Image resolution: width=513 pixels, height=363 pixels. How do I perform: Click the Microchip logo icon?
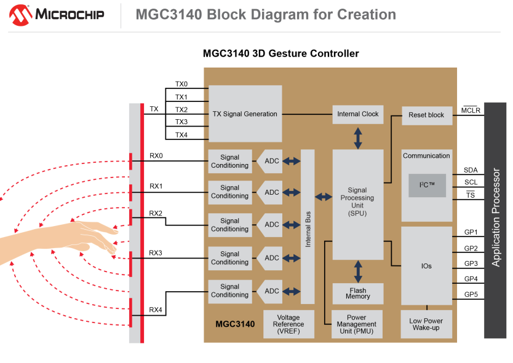(x=21, y=15)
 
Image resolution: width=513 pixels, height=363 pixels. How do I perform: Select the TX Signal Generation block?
(x=245, y=114)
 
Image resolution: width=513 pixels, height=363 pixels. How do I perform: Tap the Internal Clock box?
(x=358, y=114)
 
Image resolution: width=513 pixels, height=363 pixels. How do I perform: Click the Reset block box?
(x=427, y=115)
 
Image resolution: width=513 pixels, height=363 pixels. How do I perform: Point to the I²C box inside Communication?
(x=427, y=185)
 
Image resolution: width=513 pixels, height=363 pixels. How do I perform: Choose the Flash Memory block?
(x=358, y=294)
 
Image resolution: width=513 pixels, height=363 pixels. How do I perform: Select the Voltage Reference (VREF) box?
(x=288, y=324)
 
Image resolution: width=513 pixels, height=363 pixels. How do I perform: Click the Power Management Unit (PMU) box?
(x=357, y=324)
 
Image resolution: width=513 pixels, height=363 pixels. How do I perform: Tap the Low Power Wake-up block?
(x=426, y=324)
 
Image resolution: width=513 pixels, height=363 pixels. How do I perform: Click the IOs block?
(x=427, y=266)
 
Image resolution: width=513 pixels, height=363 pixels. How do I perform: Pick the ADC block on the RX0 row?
(x=269, y=161)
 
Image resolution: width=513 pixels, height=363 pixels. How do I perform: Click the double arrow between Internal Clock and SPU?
(x=358, y=138)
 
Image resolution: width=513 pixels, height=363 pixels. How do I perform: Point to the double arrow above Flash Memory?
(x=358, y=271)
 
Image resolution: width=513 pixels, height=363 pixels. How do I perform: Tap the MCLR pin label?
(x=471, y=111)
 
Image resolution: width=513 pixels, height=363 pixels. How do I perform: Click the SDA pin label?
(x=471, y=170)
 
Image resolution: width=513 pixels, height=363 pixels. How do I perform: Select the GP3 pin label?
(x=471, y=263)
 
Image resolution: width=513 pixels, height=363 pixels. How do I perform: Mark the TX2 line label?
(x=181, y=109)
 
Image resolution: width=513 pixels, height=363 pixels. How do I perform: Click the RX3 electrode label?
(x=156, y=253)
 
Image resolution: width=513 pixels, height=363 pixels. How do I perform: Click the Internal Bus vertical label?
(x=308, y=229)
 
